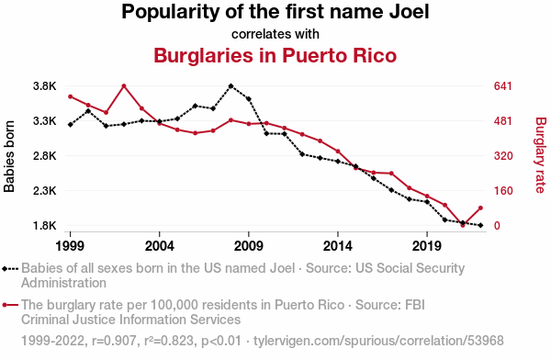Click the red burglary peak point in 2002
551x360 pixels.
(124, 85)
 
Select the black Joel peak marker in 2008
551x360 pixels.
(231, 85)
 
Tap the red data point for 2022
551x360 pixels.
(480, 208)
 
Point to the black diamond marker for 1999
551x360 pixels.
(71, 125)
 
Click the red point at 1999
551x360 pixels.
(71, 96)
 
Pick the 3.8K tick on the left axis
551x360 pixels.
(45, 86)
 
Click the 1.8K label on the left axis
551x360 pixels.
(45, 226)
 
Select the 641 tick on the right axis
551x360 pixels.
(503, 86)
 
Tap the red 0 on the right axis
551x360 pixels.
(497, 226)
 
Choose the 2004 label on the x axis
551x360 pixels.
(160, 246)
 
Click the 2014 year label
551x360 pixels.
(338, 246)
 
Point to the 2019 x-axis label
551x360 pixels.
(427, 246)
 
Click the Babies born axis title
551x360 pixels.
(9, 156)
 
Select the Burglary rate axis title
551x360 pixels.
(541, 155)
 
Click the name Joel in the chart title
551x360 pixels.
(409, 12)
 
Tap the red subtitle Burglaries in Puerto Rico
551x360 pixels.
(275, 55)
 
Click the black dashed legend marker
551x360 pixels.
(10, 269)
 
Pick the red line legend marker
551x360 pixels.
(10, 305)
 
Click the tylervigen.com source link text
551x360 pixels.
(378, 341)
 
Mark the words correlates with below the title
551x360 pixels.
(275, 34)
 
